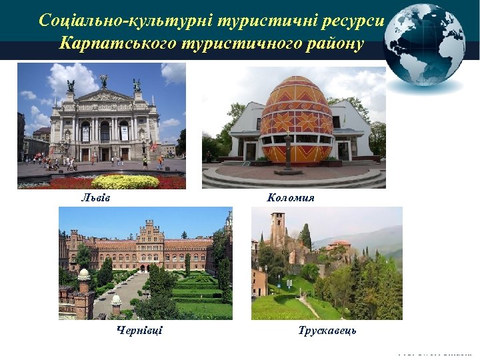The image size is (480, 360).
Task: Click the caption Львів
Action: (95, 198)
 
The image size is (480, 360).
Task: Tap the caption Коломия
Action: (291, 198)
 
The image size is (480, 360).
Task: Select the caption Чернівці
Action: (139, 331)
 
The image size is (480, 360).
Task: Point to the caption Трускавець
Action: (327, 331)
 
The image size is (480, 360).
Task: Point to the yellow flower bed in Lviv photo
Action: (125, 181)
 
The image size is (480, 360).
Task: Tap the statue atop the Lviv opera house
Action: (103, 81)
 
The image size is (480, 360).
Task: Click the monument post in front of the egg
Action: (288, 152)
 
